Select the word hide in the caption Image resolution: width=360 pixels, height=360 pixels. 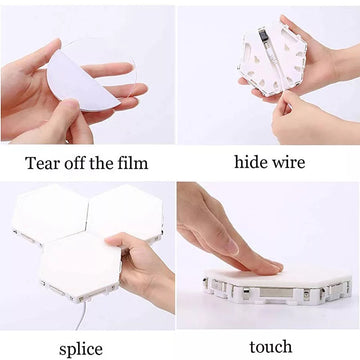pos(249,162)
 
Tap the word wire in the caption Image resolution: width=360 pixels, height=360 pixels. pos(288,162)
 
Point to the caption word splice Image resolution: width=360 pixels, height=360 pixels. pos(81,350)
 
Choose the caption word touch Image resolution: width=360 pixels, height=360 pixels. pos(271,347)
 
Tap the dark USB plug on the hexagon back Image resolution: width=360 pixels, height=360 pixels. pos(263,34)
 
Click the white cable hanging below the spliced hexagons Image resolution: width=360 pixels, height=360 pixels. pos(82,315)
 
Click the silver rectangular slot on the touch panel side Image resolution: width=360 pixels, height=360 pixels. pos(276,293)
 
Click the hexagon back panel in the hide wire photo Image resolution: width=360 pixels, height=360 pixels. pos(272,57)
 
